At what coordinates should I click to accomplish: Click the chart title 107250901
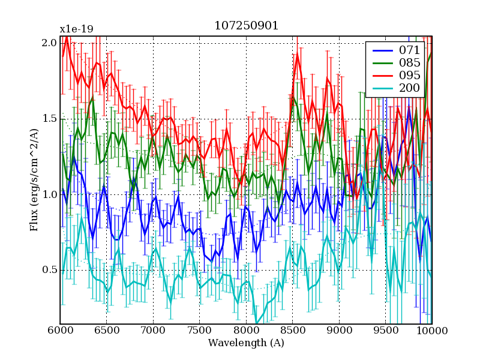click(246, 26)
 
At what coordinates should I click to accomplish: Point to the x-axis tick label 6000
click(60, 331)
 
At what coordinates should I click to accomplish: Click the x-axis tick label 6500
click(106, 331)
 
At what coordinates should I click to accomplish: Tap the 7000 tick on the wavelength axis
click(153, 331)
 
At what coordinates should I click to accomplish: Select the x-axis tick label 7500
click(199, 331)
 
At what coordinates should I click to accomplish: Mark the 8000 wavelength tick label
click(246, 331)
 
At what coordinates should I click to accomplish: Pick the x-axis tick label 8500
click(292, 331)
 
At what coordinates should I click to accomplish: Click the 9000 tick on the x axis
click(339, 331)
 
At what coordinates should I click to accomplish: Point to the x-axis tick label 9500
click(385, 331)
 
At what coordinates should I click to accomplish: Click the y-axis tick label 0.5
click(49, 270)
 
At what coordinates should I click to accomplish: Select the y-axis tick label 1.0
click(49, 194)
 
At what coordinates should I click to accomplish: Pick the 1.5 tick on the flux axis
click(49, 119)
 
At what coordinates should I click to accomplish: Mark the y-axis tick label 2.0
click(49, 43)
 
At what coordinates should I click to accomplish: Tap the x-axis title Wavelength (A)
click(246, 343)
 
